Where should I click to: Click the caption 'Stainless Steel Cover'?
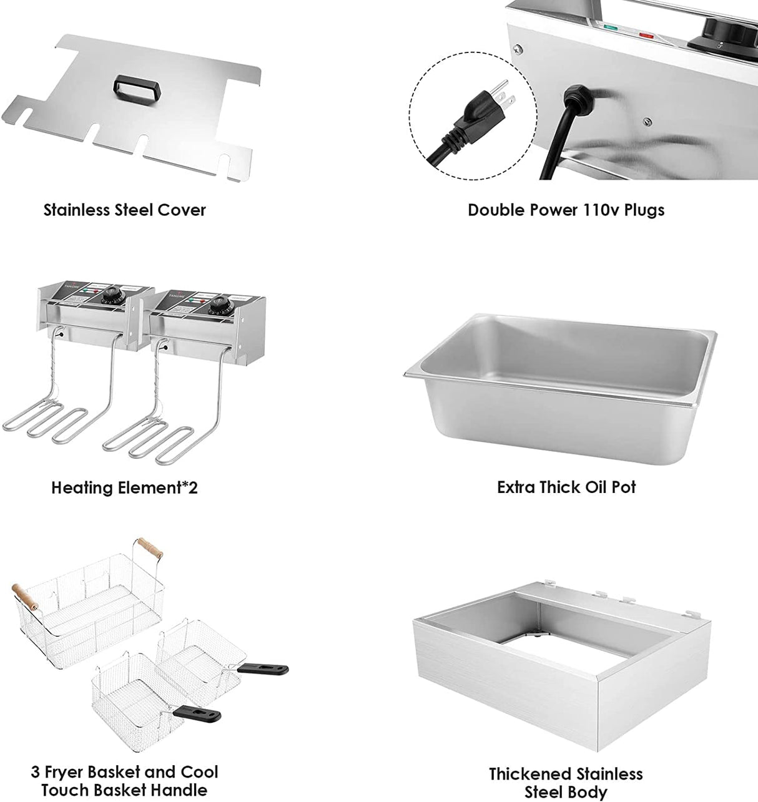pyautogui.click(x=124, y=210)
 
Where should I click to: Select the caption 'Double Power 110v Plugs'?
pyautogui.click(x=566, y=210)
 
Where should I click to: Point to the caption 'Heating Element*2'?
pyautogui.click(x=124, y=487)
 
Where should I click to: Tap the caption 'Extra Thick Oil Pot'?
pyautogui.click(x=566, y=487)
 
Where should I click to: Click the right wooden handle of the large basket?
pyautogui.click(x=150, y=547)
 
